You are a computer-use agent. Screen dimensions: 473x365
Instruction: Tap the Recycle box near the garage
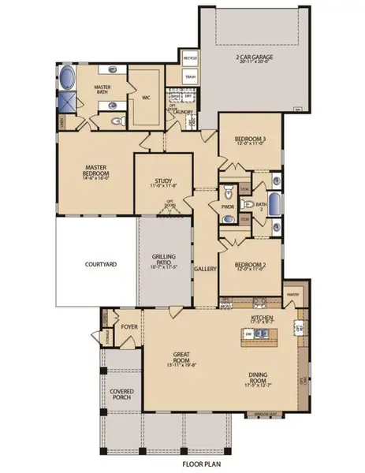pos(190,59)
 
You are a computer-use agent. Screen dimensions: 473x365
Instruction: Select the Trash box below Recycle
pos(190,76)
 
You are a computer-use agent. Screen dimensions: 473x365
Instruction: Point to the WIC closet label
pos(147,98)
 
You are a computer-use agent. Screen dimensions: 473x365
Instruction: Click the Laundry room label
pos(184,112)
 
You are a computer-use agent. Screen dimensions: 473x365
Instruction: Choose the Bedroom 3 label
pos(248,140)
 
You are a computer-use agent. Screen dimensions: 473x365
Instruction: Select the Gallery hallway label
pos(206,268)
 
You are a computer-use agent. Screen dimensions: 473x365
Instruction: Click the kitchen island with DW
pos(261,334)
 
